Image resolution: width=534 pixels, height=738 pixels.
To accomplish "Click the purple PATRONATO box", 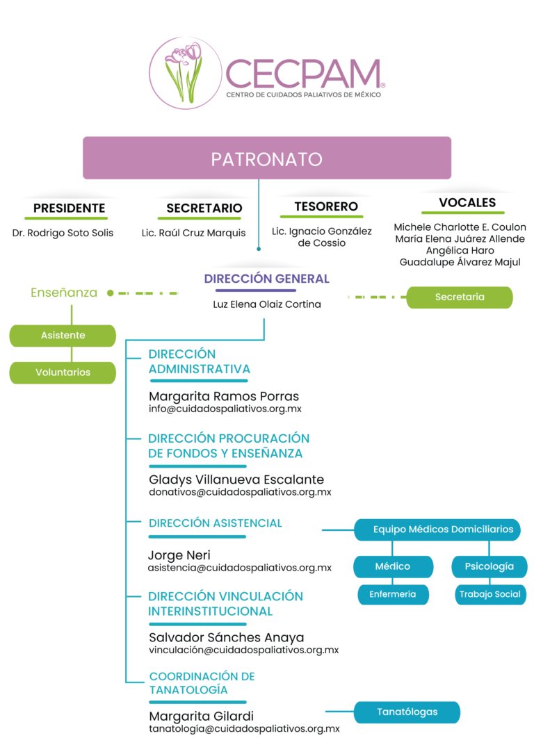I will point(267,158).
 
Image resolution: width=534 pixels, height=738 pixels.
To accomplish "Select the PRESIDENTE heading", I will point(70,208).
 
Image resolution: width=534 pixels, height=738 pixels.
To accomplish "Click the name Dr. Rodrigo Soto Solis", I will point(63,233).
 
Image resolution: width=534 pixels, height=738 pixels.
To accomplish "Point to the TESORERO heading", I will point(326,206).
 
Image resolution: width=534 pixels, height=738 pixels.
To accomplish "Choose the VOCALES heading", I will point(467,203).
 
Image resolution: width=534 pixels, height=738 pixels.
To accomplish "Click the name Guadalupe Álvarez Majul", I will point(460,262).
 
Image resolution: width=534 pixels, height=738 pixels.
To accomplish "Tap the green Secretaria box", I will point(460,297).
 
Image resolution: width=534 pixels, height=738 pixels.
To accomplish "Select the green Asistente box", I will point(63,335).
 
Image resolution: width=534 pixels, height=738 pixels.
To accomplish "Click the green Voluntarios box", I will point(63,372).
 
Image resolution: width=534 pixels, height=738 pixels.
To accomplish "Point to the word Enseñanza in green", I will point(64,293).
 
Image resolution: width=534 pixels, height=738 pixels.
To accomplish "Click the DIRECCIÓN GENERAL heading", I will point(267,279).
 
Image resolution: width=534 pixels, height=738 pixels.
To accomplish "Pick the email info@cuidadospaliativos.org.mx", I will point(225,409).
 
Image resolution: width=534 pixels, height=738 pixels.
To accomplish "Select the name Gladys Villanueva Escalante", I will point(236,479).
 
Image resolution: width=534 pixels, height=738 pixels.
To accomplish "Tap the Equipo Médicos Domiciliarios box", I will point(443,530).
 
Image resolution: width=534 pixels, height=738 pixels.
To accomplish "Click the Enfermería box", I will point(393,594).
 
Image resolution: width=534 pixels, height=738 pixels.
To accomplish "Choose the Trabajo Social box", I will point(489,594).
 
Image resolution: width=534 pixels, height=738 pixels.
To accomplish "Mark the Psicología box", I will point(489,566).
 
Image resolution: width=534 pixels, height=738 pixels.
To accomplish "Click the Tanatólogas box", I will point(407,712).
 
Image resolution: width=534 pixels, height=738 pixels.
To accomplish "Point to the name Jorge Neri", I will point(179,555).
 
